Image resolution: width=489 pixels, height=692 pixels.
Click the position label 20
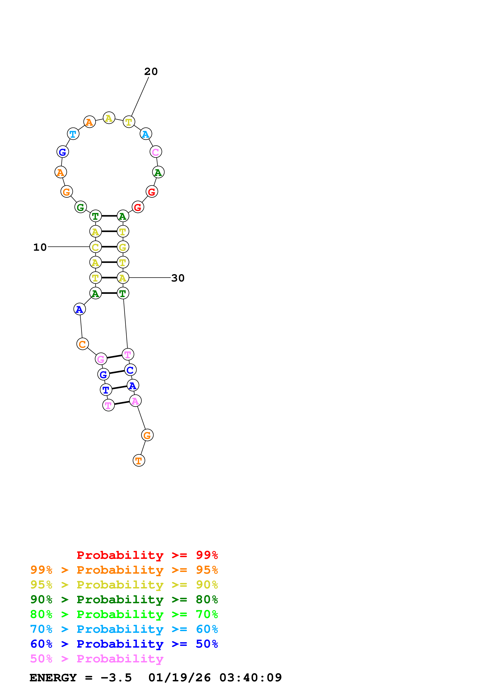151,72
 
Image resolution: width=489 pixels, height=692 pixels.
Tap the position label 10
40,247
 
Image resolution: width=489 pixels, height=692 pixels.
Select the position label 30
178,278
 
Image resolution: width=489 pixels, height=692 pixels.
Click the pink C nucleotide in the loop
155,152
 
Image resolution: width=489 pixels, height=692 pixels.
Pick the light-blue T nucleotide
73,134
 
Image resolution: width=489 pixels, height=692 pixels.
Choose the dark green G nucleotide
80,207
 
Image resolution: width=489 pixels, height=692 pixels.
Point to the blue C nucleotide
130,370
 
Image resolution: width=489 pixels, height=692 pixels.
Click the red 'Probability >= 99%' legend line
147,555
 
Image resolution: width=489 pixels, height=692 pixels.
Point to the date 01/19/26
180,678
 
